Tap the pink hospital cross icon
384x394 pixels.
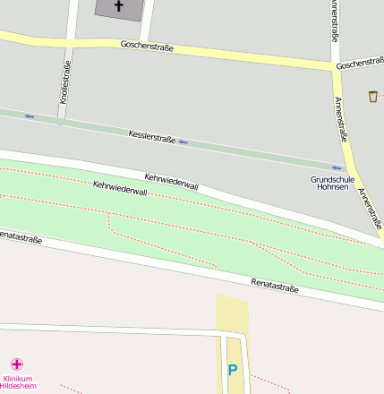[16, 364]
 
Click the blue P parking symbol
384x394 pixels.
[233, 370]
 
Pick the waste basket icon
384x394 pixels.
[372, 96]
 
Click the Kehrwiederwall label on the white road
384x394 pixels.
[171, 180]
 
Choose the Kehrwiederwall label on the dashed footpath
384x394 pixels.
[120, 189]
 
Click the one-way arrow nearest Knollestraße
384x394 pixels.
[30, 116]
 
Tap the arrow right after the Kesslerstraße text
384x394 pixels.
[183, 142]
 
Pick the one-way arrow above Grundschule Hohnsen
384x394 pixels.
[337, 167]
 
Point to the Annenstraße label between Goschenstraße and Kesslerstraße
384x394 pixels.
[341, 121]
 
